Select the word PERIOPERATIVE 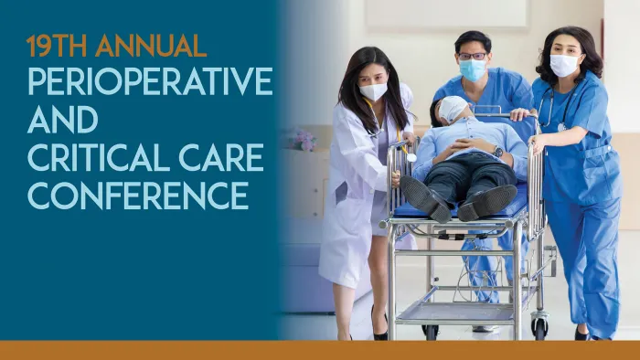[x=149, y=81]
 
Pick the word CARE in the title [x=219, y=156]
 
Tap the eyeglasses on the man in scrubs [x=472, y=56]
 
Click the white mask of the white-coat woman [x=373, y=91]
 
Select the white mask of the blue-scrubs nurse [x=563, y=65]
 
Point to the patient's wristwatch [x=498, y=152]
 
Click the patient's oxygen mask [x=455, y=109]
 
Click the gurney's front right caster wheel [x=539, y=323]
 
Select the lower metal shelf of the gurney [x=457, y=311]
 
